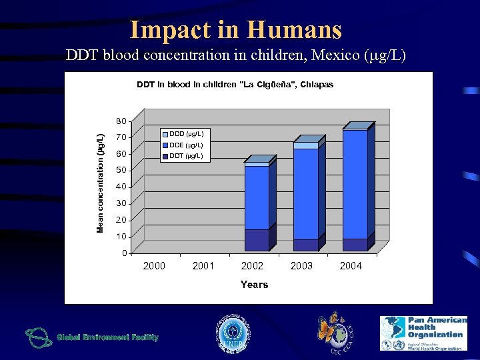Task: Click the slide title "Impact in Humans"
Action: pos(235,29)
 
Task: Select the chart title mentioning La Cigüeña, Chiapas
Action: pos(235,85)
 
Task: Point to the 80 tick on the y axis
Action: pos(120,121)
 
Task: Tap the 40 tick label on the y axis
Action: pos(120,187)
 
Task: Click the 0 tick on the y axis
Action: pos(123,253)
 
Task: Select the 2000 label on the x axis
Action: pos(154,266)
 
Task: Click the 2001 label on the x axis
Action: pos(203,266)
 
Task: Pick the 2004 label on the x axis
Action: pos(351,266)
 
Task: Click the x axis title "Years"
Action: pos(254,285)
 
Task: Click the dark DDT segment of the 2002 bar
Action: pos(256,240)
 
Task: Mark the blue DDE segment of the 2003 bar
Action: pos(305,193)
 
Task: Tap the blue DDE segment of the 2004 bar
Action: pos(355,183)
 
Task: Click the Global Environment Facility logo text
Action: pos(107,337)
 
